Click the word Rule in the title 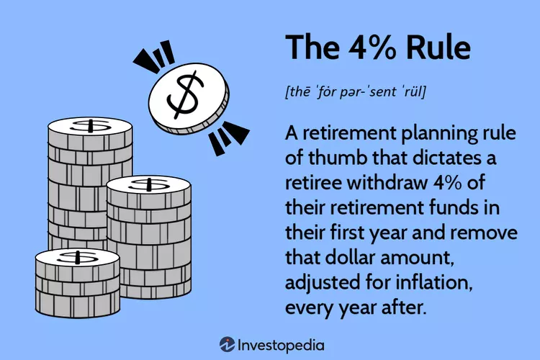[x=438, y=47]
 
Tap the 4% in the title [x=372, y=48]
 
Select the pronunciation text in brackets [x=356, y=91]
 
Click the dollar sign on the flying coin [x=185, y=95]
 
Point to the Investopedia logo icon [x=228, y=344]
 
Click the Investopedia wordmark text [x=281, y=346]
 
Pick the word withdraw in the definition [x=387, y=183]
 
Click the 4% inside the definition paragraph [x=447, y=183]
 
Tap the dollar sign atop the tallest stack [x=91, y=126]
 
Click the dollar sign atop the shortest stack [x=78, y=257]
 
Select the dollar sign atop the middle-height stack [x=149, y=184]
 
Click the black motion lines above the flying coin [x=153, y=55]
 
